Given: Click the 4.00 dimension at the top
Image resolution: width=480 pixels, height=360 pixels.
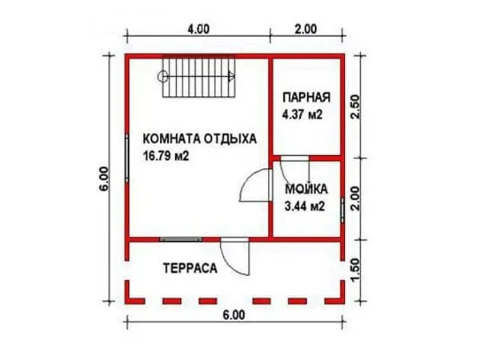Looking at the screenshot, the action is pyautogui.click(x=198, y=29).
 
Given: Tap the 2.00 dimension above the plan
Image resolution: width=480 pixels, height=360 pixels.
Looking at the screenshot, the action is pyautogui.click(x=306, y=29).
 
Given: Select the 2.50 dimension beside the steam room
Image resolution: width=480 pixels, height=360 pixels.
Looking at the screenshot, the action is pyautogui.click(x=355, y=107).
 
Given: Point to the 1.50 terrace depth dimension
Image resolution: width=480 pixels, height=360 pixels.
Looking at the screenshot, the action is pyautogui.click(x=355, y=270).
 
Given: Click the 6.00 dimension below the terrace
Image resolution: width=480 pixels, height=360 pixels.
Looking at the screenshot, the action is pyautogui.click(x=234, y=315).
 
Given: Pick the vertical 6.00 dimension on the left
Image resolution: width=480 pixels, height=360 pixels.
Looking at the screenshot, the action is pyautogui.click(x=104, y=178).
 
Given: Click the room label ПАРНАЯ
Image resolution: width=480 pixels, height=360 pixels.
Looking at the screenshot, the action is pyautogui.click(x=306, y=98).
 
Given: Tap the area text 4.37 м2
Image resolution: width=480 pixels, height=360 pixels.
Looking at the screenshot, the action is pyautogui.click(x=302, y=115).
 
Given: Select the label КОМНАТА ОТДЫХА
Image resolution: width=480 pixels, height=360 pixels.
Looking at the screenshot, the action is pyautogui.click(x=199, y=139).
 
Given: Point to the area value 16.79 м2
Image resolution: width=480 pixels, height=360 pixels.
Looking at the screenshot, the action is pyautogui.click(x=166, y=157).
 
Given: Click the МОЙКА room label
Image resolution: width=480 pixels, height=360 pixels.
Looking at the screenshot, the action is pyautogui.click(x=306, y=189).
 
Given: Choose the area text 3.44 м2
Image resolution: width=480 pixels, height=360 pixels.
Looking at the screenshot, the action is pyautogui.click(x=304, y=206).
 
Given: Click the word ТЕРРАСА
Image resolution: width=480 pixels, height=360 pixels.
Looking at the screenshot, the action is pyautogui.click(x=190, y=269).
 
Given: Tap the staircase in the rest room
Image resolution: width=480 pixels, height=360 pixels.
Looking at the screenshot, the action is pyautogui.click(x=199, y=78).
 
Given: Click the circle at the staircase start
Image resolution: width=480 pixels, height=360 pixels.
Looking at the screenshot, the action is pyautogui.click(x=162, y=77).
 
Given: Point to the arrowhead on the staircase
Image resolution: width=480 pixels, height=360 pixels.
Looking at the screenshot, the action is pyautogui.click(x=232, y=77).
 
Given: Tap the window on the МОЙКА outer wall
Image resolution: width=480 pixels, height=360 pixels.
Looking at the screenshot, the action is pyautogui.click(x=342, y=210).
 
